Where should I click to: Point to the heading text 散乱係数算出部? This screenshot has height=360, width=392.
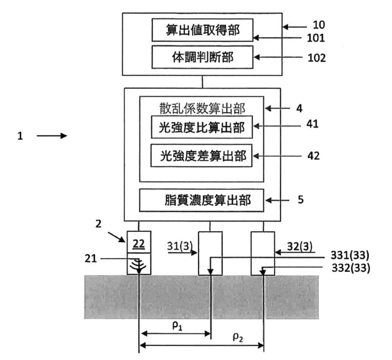coord(202,108)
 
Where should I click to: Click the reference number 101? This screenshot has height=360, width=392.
coord(315,38)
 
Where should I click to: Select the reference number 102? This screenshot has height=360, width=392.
coord(317,58)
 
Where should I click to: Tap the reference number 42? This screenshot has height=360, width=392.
coord(313,156)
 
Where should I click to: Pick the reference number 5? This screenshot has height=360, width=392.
coord(301,200)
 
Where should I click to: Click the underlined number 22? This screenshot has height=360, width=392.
coord(139,244)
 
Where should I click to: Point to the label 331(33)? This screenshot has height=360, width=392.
coord(350,255)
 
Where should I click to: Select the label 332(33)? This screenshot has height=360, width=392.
coord(351,268)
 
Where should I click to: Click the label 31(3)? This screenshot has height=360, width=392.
coord(180,246)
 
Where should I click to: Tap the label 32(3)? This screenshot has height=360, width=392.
coord(299,246)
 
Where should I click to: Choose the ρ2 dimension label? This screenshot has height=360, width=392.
coord(238,337)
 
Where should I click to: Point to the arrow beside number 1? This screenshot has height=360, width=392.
coord(52,135)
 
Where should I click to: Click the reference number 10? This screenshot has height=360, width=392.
coord(319,25)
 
